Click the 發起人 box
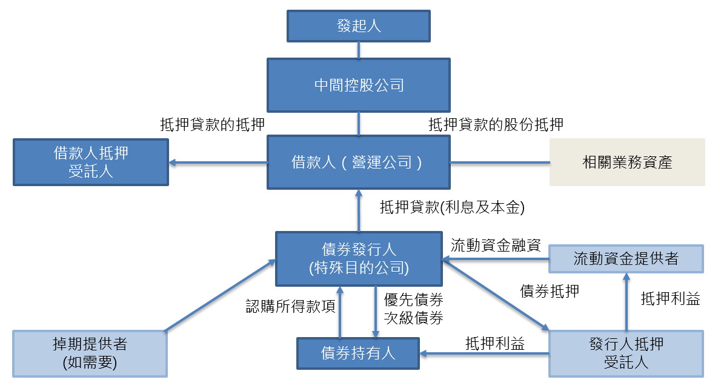(x=359, y=26)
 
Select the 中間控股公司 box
(x=359, y=85)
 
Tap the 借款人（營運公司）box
(x=359, y=162)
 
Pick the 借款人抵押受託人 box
(x=91, y=162)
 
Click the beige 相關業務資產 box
(x=627, y=162)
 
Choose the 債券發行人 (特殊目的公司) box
(x=359, y=259)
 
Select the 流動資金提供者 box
(x=626, y=259)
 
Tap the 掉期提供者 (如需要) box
(x=90, y=353)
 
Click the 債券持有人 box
(x=358, y=353)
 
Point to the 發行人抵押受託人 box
(x=626, y=353)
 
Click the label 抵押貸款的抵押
(x=212, y=124)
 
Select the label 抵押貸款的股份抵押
(x=496, y=124)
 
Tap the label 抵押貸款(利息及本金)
(x=452, y=207)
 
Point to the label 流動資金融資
(x=496, y=245)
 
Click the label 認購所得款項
(x=291, y=306)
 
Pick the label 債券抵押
(x=550, y=291)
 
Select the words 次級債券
(x=413, y=318)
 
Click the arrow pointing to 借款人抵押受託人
(x=218, y=162)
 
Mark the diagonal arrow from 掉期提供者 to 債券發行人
(x=221, y=295)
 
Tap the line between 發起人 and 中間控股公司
(x=359, y=50)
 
